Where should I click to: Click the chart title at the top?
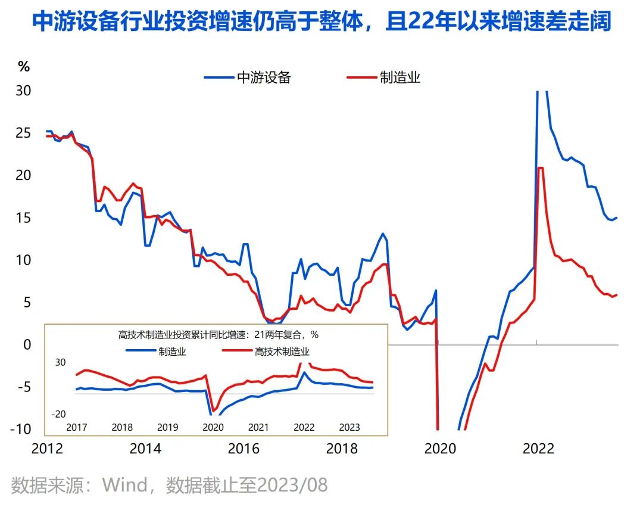coord(321,23)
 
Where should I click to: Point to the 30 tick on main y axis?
coord(23,91)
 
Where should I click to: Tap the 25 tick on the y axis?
coord(23,133)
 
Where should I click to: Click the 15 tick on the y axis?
coord(23,218)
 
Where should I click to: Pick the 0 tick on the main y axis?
coord(27,345)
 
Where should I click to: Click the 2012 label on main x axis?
coord(47,449)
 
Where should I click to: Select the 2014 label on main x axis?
coord(145,449)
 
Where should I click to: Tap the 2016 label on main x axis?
coord(244,449)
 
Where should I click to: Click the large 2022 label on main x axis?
coord(538,449)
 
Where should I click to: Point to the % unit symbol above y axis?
coord(23,67)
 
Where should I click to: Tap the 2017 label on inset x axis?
coord(77,427)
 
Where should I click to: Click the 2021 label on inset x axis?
coord(258,427)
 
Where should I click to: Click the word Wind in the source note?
coord(124,485)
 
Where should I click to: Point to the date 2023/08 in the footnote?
coord(292,485)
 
